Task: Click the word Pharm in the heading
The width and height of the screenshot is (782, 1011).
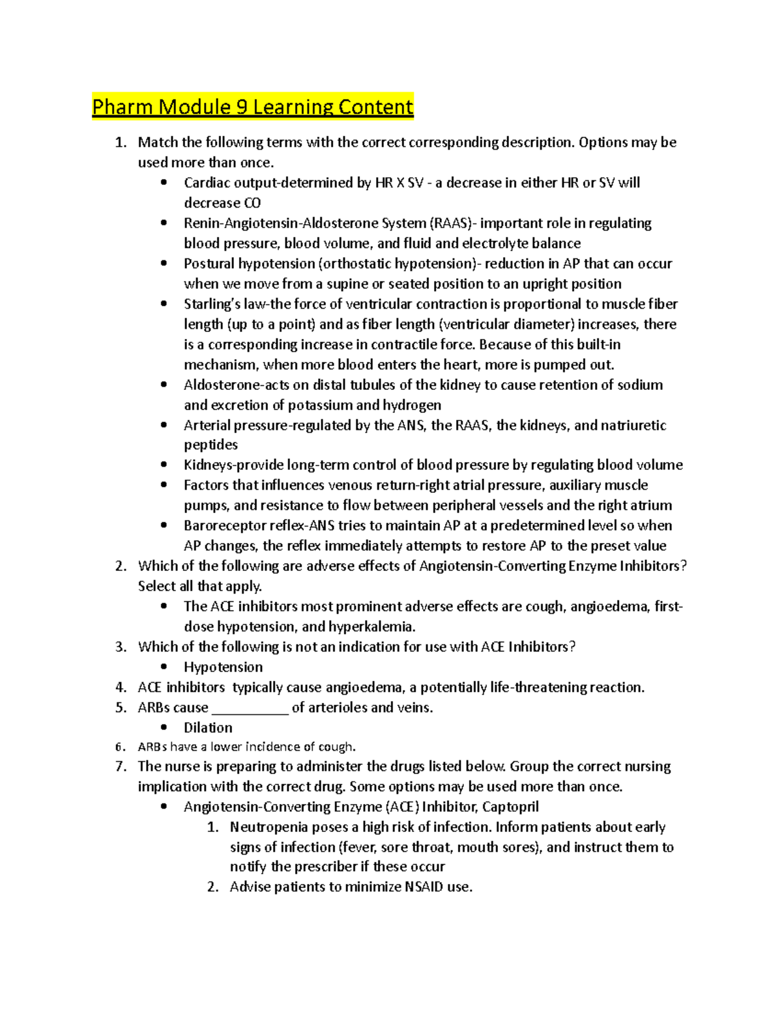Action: point(123,107)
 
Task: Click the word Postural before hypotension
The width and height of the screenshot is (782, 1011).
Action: point(209,264)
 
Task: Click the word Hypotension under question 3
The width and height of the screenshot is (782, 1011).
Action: point(223,667)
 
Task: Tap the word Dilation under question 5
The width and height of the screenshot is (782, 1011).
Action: point(208,728)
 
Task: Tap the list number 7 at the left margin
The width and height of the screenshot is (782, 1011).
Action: point(121,767)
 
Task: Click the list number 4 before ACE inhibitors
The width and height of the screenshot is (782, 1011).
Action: point(121,687)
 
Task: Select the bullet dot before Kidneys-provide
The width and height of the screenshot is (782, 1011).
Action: point(164,465)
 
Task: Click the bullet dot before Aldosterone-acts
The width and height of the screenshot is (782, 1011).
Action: point(164,385)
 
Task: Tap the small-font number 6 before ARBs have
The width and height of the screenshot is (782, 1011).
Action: point(119,747)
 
